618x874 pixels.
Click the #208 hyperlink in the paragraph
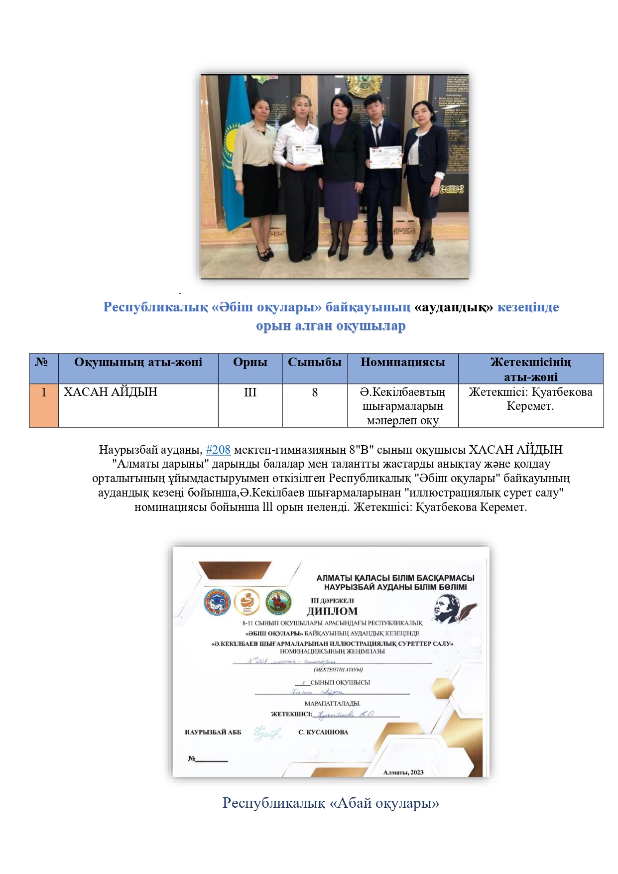coord(218,450)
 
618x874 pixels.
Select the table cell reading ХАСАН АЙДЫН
coord(111,392)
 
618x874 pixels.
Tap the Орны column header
coord(250,363)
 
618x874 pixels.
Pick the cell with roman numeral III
coord(250,393)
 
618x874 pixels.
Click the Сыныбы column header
coord(315,363)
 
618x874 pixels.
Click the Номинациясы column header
coord(402,363)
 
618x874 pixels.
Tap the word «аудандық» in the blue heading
coord(453,307)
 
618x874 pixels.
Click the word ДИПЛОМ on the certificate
coord(332,611)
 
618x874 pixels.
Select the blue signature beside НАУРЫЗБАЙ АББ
coord(267,733)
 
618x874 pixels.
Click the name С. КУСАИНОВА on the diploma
coord(323,732)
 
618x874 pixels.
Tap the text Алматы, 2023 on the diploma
coord(403,772)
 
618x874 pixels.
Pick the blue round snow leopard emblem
coord(217,602)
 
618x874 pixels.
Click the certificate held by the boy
coord(385,157)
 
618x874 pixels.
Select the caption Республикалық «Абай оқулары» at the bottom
coord(331,803)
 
